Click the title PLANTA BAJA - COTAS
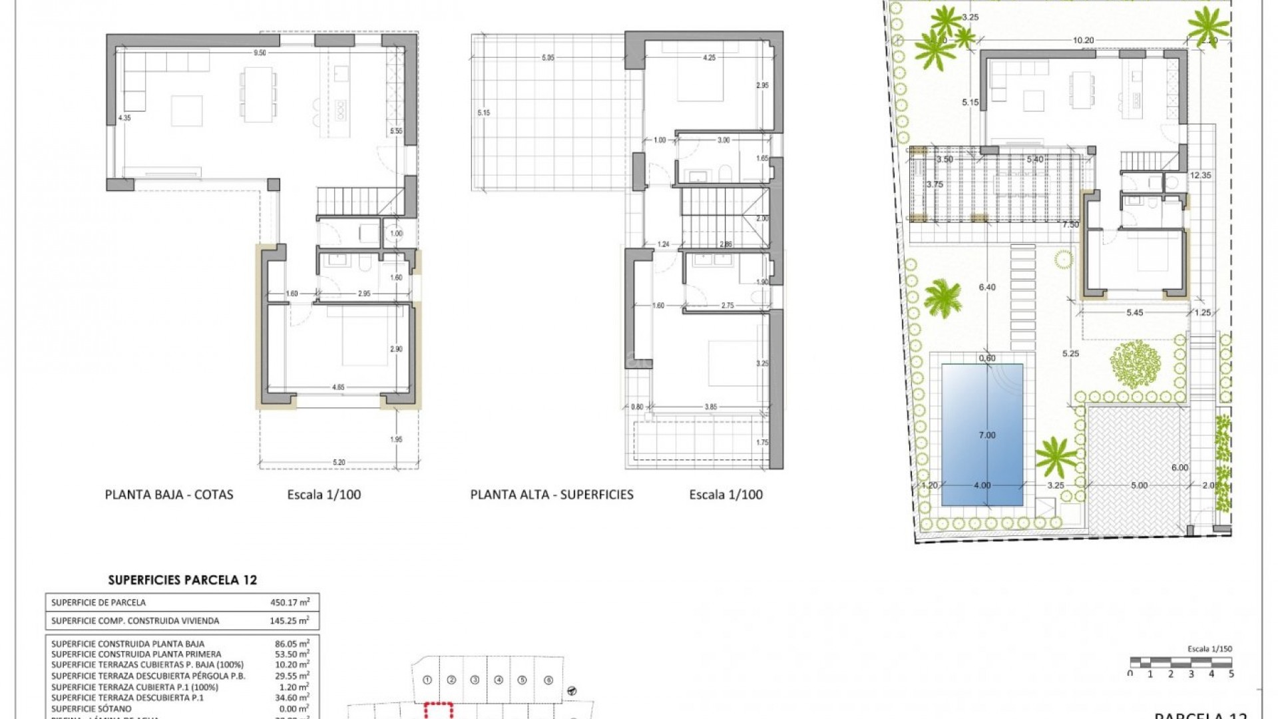(x=169, y=495)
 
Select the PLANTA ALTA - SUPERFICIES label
(x=552, y=495)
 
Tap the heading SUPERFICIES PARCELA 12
(x=182, y=580)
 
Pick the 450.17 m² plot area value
(x=290, y=602)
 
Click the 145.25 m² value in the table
(x=290, y=620)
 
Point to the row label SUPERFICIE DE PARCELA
(x=99, y=602)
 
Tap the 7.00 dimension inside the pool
(x=986, y=435)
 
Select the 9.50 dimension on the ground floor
(x=260, y=53)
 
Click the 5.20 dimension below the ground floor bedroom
(x=338, y=462)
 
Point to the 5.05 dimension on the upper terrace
(x=548, y=58)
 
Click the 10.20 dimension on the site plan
(x=1083, y=40)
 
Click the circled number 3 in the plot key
(x=475, y=680)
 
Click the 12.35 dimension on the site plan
(x=1201, y=175)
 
